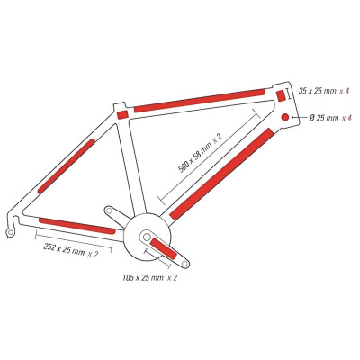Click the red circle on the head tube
pyautogui.click(x=285, y=117)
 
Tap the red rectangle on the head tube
pyautogui.click(x=280, y=96)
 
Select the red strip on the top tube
pyautogui.click(x=200, y=101)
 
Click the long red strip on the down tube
pyautogui.click(x=221, y=174)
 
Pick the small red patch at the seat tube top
pyautogui.click(x=122, y=114)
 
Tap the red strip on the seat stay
pyautogui.click(x=66, y=166)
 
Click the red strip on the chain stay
pyautogui.click(x=77, y=226)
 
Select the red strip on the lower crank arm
pyautogui.click(x=164, y=248)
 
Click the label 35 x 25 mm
pyautogui.click(x=318, y=91)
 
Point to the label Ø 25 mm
pyautogui.click(x=324, y=118)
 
